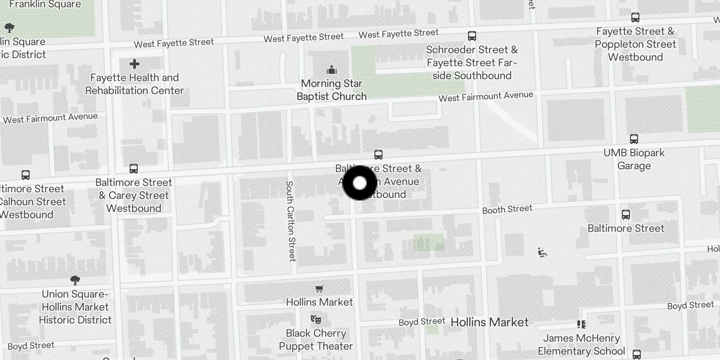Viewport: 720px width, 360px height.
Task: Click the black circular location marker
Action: point(360,183)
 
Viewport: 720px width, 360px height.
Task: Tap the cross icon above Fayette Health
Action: point(134,64)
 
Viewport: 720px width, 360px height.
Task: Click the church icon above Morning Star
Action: point(332,70)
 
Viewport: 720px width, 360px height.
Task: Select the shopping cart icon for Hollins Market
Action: point(319,288)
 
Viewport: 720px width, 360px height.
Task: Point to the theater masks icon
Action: point(316,319)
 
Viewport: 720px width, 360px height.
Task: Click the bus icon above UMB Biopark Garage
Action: point(634,139)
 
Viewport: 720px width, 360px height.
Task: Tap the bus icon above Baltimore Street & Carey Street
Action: point(134,169)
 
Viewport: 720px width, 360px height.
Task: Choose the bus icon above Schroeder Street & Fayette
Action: point(472,36)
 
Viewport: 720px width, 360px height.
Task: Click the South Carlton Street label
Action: point(290,221)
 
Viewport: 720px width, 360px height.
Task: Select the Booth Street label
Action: point(507,209)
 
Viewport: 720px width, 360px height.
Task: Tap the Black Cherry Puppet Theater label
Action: point(316,340)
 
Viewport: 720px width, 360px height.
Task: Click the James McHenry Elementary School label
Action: point(581,345)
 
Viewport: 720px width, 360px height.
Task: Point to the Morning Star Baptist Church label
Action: point(332,90)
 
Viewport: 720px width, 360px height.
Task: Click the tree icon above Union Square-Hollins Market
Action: point(75,280)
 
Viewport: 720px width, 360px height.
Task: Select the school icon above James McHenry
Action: point(581,324)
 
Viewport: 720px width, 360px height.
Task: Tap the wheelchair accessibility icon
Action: point(543,252)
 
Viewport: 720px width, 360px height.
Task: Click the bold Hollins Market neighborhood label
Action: point(490,322)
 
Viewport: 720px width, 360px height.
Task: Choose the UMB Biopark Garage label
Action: point(634,159)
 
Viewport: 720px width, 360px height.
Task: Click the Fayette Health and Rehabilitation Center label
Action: point(135,84)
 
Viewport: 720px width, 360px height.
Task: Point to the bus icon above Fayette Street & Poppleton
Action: point(635,18)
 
